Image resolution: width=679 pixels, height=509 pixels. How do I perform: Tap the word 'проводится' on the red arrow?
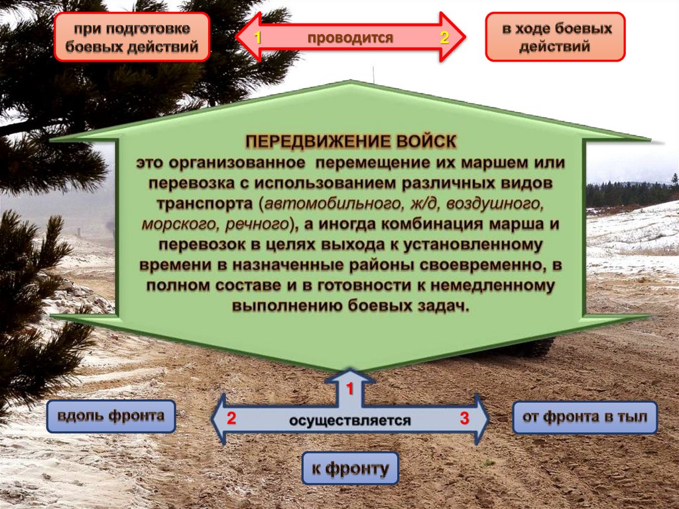350,38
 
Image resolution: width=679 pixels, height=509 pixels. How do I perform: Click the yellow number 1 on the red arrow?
259,38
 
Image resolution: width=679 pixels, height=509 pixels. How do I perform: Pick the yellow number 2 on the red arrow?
444,38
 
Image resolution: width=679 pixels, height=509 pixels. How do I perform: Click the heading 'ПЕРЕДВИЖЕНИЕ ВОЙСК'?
351,142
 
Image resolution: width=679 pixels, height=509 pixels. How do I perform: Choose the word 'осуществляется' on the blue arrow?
349,420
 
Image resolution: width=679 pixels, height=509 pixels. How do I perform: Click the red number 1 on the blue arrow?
350,387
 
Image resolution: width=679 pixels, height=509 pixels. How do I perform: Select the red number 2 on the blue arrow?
231,419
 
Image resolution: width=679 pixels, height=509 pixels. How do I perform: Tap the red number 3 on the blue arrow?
464,419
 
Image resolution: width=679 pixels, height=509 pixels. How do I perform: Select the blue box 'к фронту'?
350,470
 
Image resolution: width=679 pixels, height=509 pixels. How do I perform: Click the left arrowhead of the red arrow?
245,38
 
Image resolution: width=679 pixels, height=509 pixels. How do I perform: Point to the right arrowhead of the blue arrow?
481,419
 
